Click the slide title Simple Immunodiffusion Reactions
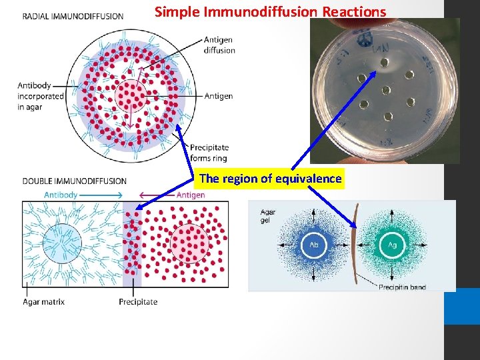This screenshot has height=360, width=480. [x=270, y=11]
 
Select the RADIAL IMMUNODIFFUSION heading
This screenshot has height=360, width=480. [x=73, y=16]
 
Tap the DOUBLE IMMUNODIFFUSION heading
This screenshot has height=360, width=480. [x=74, y=181]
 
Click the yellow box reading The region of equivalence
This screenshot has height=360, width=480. [x=270, y=179]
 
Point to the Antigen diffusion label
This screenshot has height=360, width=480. [x=219, y=45]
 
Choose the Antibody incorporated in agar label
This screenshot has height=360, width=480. [x=41, y=96]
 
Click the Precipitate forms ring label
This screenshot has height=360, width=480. [x=209, y=153]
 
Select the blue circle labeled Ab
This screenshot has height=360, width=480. [x=313, y=245]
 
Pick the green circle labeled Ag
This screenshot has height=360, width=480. [x=392, y=245]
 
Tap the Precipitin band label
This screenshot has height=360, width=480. [x=402, y=287]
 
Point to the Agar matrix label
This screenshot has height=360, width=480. [x=43, y=302]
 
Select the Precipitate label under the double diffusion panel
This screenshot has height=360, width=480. [x=138, y=302]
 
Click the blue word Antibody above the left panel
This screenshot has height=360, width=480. [x=61, y=195]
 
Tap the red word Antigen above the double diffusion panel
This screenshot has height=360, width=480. [x=191, y=195]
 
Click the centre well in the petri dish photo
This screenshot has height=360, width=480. [x=385, y=90]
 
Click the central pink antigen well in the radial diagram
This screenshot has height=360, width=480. [x=131, y=96]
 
